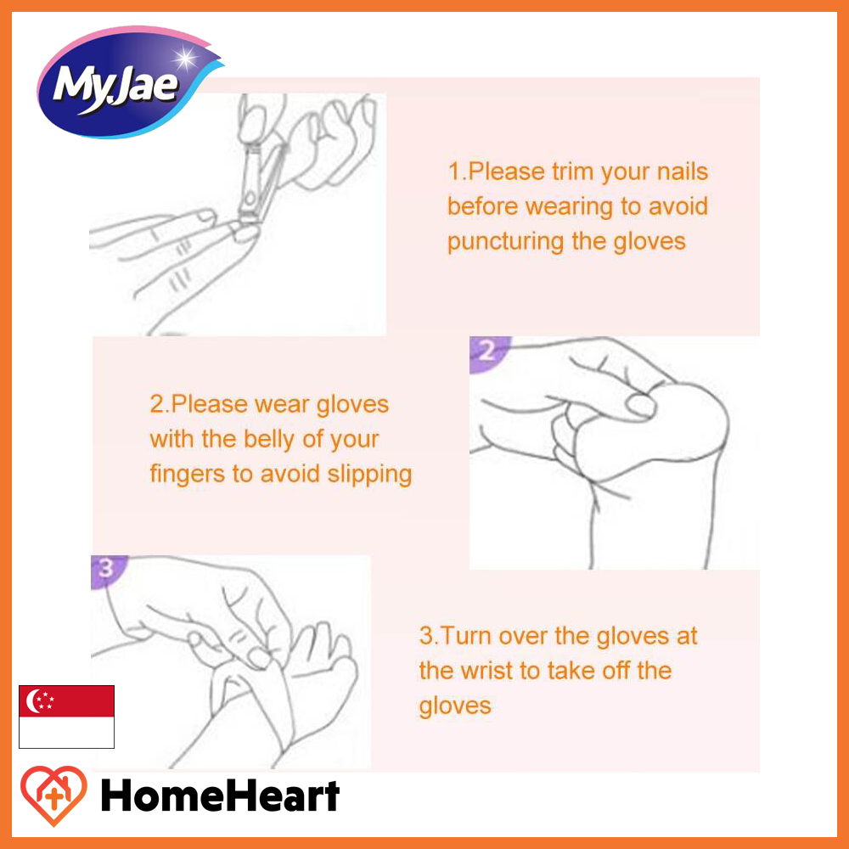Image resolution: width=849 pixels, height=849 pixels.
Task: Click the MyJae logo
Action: (129, 82)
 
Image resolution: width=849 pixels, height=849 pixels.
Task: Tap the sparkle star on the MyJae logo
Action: (185, 57)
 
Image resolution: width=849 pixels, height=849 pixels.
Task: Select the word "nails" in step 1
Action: (682, 171)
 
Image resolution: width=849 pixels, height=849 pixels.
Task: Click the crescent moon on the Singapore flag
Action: (33, 700)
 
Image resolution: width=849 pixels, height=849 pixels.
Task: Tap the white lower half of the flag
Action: (66, 732)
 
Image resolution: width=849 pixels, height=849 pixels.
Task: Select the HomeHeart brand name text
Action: (221, 796)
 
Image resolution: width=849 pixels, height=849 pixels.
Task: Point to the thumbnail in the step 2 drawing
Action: (642, 406)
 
